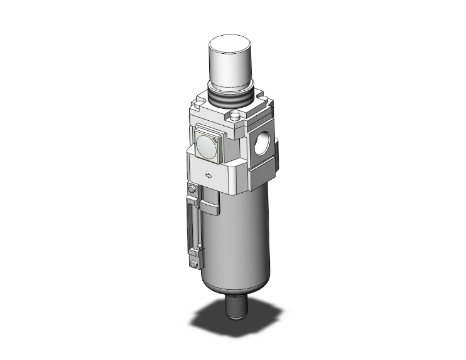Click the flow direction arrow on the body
207,175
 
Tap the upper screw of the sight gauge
193,187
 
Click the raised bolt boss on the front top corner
236,116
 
